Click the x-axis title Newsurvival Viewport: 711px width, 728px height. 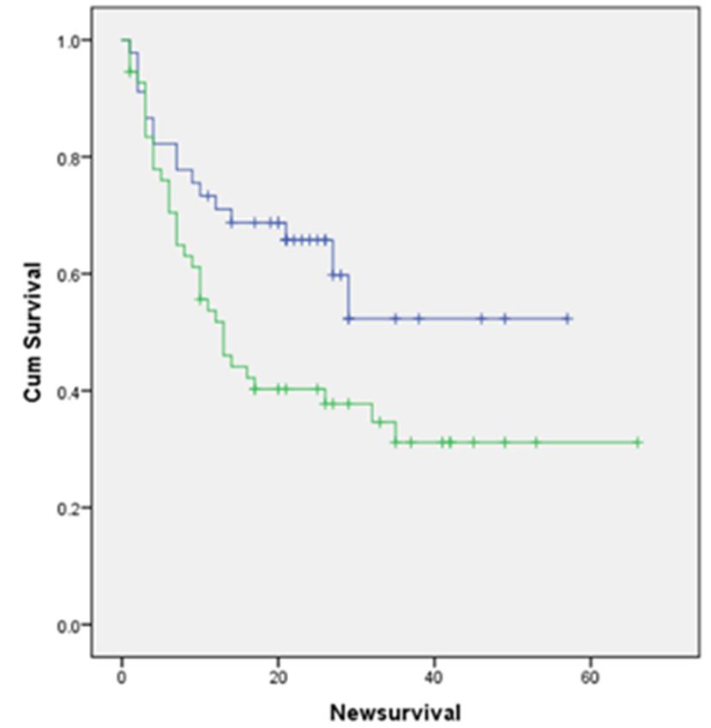click(x=395, y=712)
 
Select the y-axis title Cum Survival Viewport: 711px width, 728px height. click(x=33, y=332)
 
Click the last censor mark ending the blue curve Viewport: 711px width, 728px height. click(x=567, y=318)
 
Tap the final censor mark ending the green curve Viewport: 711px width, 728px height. click(x=637, y=442)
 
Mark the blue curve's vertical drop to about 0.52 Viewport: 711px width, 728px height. click(x=348, y=297)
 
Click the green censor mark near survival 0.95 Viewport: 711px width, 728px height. click(x=130, y=71)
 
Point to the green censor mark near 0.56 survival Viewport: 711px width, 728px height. click(x=201, y=299)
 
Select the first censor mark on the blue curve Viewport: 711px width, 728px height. click(x=208, y=196)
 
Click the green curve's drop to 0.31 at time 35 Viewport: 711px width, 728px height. click(x=395, y=432)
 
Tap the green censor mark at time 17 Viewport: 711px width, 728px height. click(x=255, y=388)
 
